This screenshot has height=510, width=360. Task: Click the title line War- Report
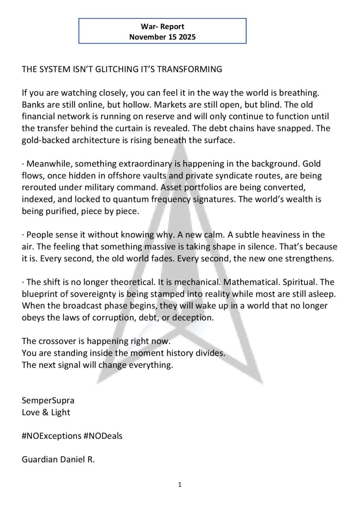[x=162, y=27]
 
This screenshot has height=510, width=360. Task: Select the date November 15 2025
[x=162, y=37]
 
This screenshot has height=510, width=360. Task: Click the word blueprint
[x=41, y=294]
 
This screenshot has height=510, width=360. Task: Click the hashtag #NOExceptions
[x=51, y=436]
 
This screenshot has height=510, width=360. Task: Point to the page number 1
[x=180, y=485]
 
